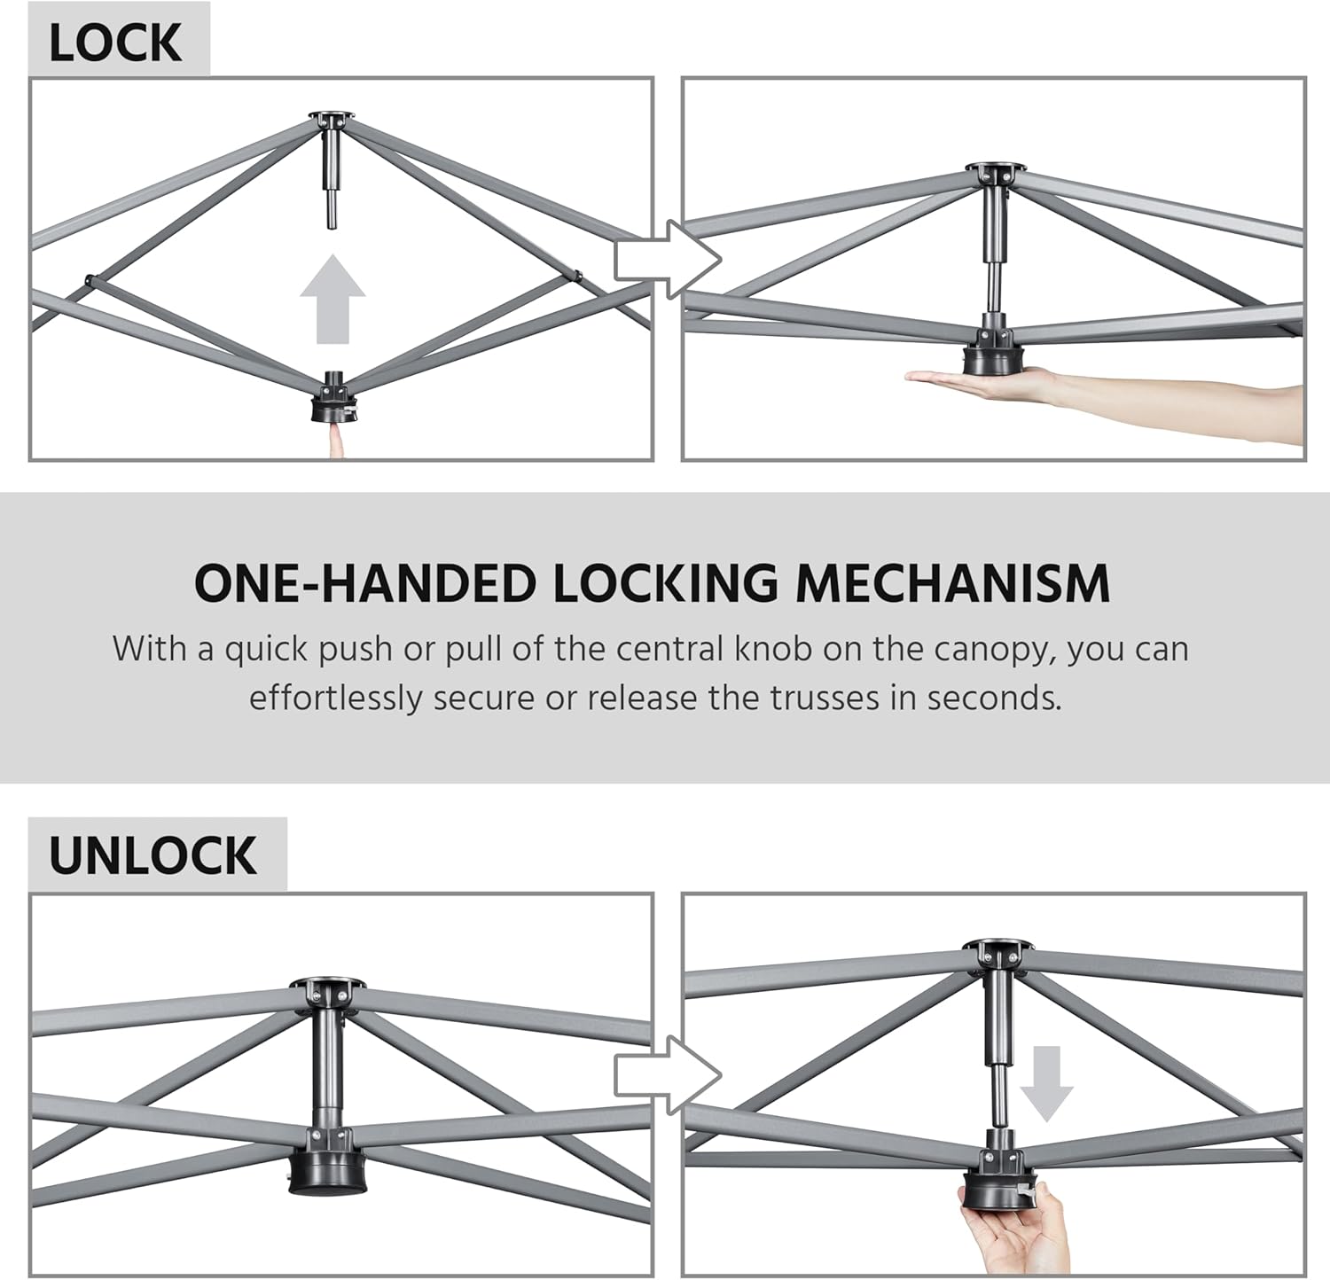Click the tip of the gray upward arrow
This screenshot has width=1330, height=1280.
(332, 255)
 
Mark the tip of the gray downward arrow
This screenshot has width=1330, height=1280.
(1047, 1122)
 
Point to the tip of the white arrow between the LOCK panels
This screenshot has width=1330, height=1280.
(723, 259)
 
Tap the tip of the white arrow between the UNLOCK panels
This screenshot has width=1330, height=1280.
(722, 1075)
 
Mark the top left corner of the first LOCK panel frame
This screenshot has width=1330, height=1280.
(29, 78)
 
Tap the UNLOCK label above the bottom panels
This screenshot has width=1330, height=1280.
(153, 855)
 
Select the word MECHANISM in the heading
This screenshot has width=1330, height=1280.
(952, 583)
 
